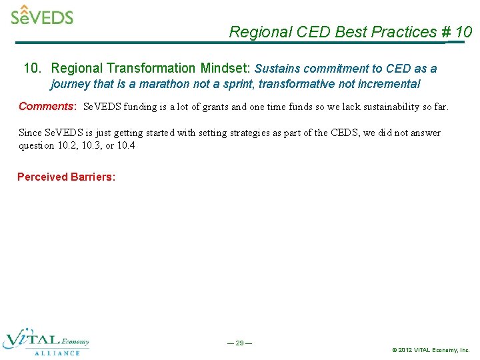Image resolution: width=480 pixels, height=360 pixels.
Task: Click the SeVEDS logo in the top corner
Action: (x=41, y=15)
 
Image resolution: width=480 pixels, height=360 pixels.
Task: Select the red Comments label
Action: (x=47, y=107)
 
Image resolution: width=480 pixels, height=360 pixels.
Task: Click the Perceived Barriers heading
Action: (x=66, y=177)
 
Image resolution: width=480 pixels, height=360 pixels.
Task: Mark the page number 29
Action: (x=239, y=343)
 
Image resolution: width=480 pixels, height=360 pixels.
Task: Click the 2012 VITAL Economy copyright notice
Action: (x=431, y=350)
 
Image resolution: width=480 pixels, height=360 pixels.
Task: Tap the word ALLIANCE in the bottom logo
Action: (x=57, y=353)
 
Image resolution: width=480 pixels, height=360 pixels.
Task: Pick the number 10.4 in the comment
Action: (x=125, y=145)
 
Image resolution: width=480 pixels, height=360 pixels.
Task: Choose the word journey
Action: (x=70, y=84)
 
